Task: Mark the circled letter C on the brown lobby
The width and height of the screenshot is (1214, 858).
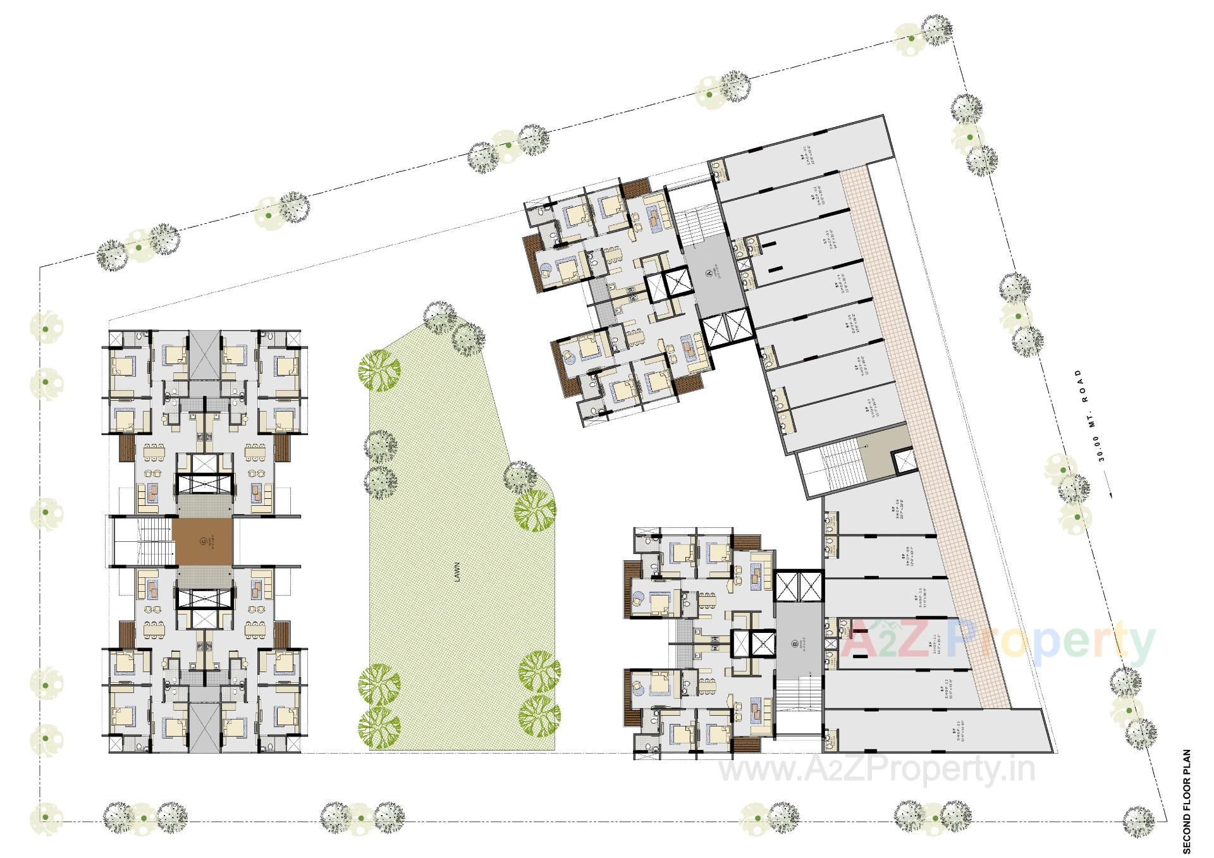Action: pyautogui.click(x=202, y=541)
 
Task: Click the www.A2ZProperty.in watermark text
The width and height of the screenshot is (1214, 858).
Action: pyautogui.click(x=877, y=770)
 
